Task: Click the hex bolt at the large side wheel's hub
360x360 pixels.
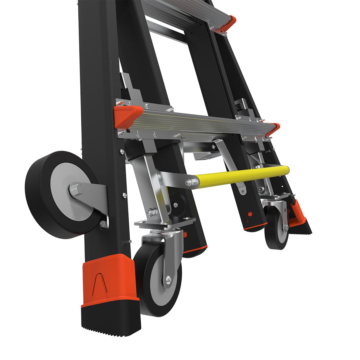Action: pos(76,189)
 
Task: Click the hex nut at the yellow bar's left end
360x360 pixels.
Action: pos(189,182)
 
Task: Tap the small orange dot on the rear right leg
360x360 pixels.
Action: pos(249,214)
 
